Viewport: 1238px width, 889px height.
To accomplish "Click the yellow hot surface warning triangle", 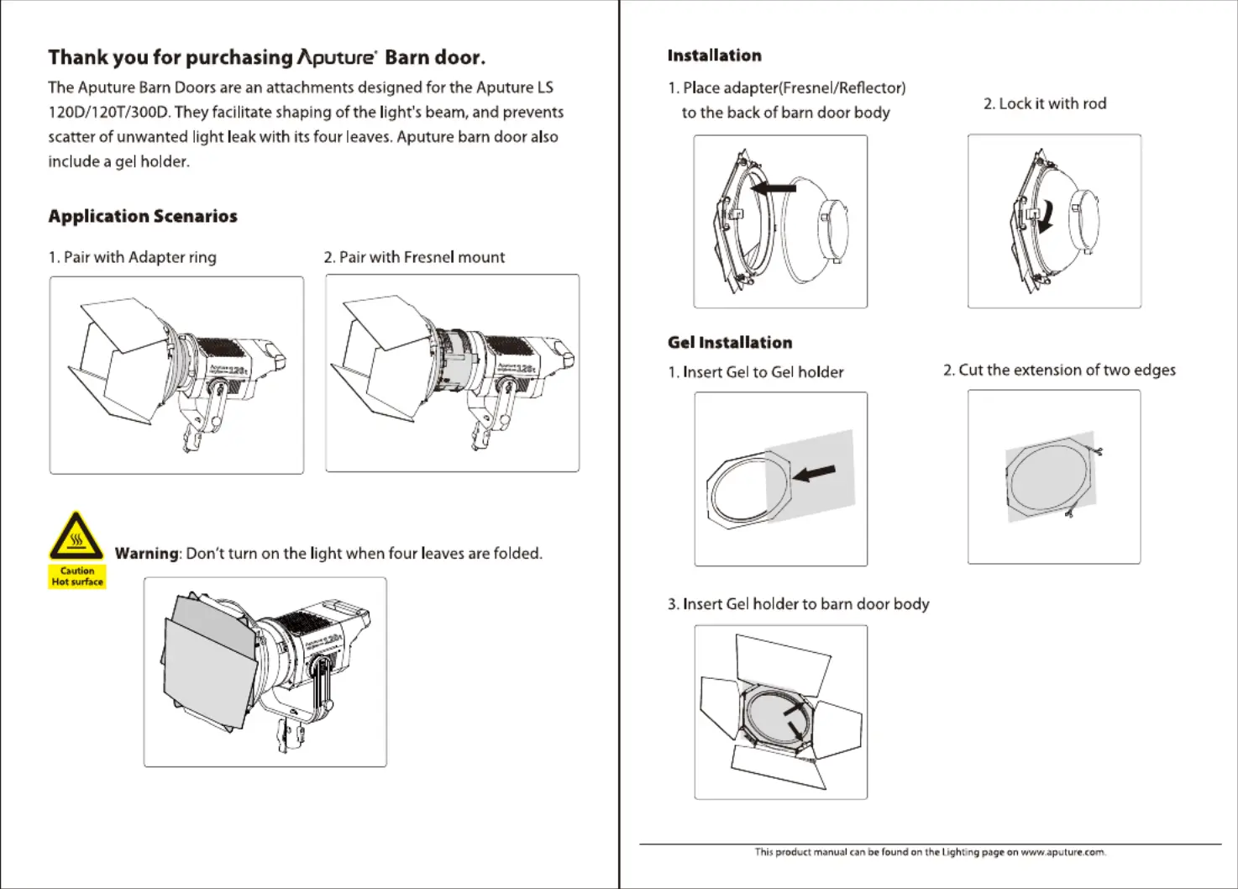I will click(x=76, y=536).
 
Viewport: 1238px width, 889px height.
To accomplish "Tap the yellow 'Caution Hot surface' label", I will click(x=77, y=576).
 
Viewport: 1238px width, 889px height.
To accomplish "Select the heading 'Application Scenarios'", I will click(x=143, y=216).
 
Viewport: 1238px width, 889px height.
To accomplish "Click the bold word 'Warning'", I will click(x=147, y=553).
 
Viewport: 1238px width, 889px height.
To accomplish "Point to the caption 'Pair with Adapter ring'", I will click(x=139, y=257).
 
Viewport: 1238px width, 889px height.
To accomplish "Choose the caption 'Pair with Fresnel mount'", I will click(x=422, y=257).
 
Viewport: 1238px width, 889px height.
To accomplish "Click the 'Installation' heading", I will click(x=714, y=55).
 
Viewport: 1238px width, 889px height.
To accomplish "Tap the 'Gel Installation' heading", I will click(x=730, y=342).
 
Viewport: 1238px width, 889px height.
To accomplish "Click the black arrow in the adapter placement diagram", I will click(x=774, y=188).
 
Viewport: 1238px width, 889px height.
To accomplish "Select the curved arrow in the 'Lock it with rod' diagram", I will click(x=1045, y=217).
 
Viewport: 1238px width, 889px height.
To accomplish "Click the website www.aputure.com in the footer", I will click(x=1062, y=852).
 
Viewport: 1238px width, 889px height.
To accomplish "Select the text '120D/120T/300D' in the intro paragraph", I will click(x=109, y=112).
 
